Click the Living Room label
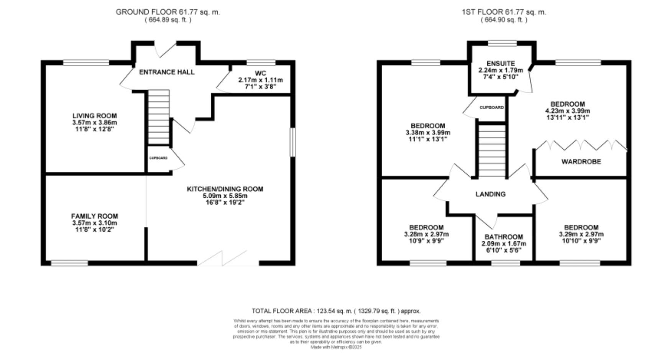[94, 116]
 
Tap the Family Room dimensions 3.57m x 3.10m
[94, 223]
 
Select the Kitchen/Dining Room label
[225, 189]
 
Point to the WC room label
[260, 73]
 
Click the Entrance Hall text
[166, 72]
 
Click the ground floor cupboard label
[158, 158]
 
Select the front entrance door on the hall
[166, 49]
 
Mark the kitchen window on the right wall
[292, 142]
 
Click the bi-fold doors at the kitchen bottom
[222, 259]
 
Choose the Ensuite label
[501, 63]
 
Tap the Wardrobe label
[581, 162]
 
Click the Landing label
[490, 194]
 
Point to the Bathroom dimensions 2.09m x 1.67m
[503, 244]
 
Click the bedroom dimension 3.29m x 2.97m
[581, 234]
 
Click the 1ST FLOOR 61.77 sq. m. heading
[504, 12]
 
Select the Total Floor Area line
[336, 311]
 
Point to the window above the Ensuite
[502, 43]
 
